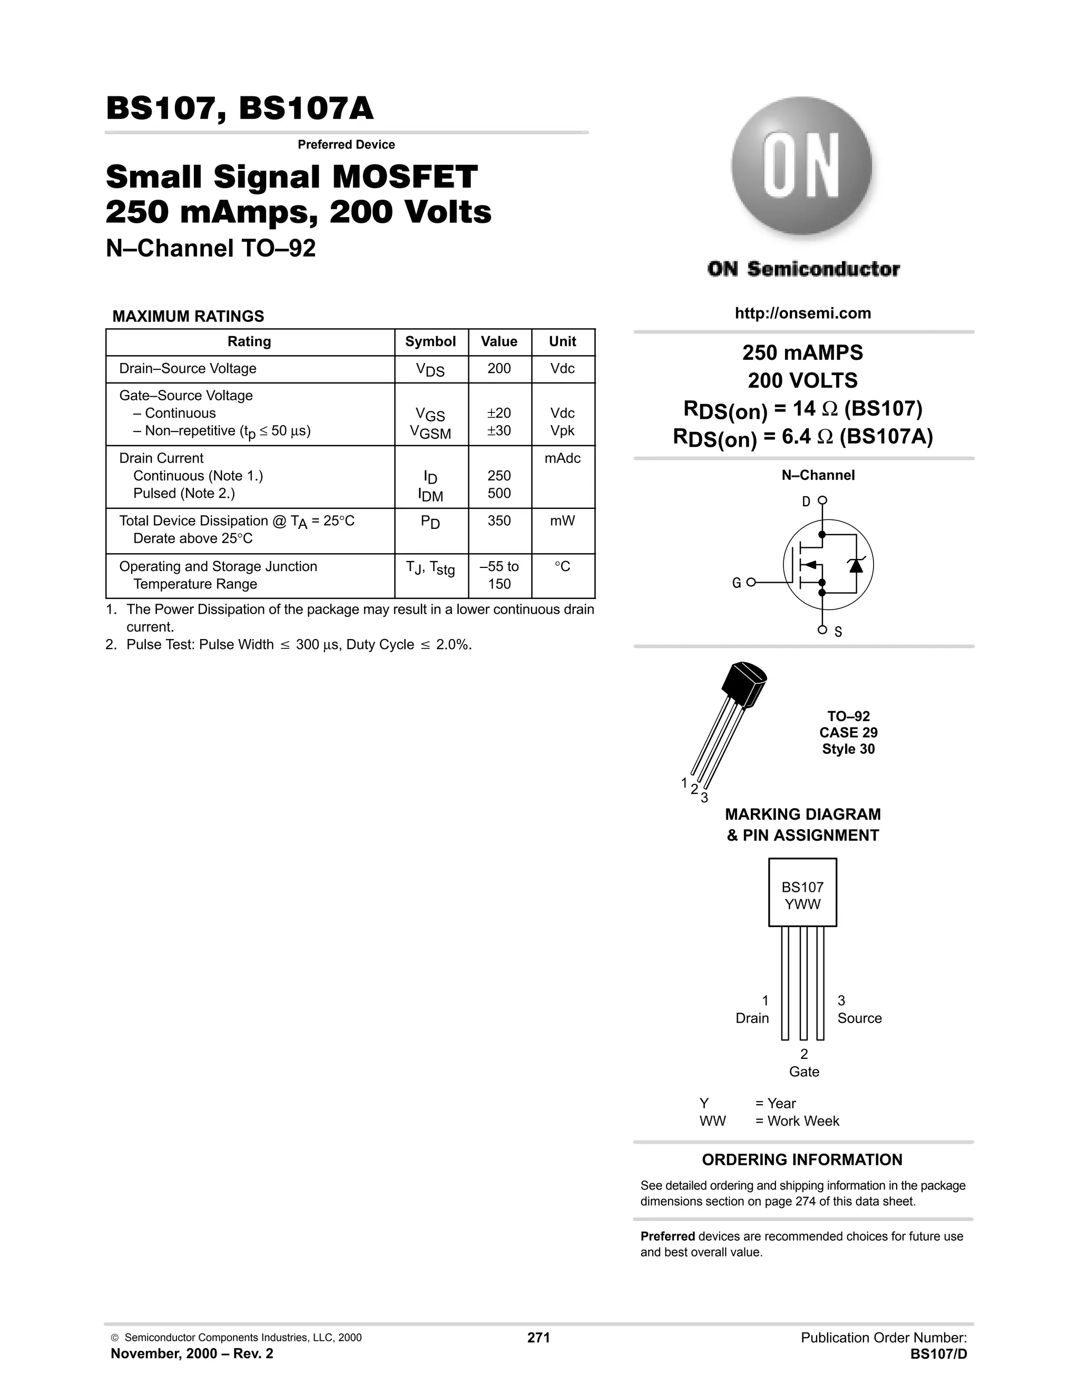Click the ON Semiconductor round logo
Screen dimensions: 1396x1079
801,168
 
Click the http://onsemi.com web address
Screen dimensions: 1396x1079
803,313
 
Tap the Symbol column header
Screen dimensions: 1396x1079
430,341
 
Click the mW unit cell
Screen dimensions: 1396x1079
563,521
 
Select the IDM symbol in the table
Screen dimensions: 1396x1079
430,495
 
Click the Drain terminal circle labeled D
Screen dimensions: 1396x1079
822,500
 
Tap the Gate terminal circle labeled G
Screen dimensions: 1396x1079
751,582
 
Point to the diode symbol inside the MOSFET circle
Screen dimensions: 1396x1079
855,565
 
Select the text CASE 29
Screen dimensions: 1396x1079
848,733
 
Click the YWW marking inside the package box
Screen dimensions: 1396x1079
802,905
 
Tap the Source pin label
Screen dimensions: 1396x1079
859,1018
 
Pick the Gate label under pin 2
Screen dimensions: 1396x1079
803,1072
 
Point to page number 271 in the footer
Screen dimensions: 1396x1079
538,1337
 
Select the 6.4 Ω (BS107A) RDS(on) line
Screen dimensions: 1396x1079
803,437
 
